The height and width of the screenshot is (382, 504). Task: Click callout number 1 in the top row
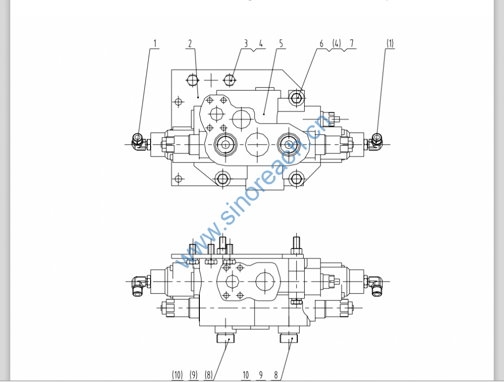[155, 43]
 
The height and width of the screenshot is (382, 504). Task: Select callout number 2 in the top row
[190, 43]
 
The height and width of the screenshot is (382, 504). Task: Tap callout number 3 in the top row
[246, 43]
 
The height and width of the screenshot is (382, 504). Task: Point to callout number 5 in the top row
[281, 43]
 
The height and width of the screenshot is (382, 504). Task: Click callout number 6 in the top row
[321, 43]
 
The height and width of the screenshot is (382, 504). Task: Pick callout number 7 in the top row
[351, 43]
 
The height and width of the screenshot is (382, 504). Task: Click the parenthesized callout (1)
[390, 43]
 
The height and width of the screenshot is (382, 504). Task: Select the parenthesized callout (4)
[337, 43]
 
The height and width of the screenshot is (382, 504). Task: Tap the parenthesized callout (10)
[177, 375]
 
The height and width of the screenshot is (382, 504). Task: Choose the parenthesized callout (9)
[193, 375]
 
